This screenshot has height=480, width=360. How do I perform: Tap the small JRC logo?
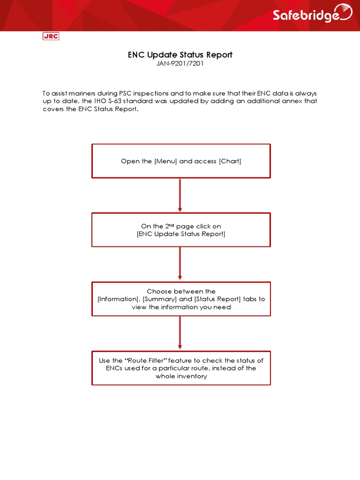pos(51,36)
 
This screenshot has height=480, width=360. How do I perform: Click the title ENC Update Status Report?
pos(180,55)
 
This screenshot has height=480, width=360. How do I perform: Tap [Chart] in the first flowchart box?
pos(230,161)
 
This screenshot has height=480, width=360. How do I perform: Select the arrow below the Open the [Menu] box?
pos(180,195)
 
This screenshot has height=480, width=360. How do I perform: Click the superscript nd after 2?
pos(166,225)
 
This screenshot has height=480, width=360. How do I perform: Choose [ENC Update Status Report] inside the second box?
pos(181,234)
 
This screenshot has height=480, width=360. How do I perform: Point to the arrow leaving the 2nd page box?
pos(180,264)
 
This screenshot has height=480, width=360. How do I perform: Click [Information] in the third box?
pos(119,299)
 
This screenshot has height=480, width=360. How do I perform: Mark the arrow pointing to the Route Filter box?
pos(180,333)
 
